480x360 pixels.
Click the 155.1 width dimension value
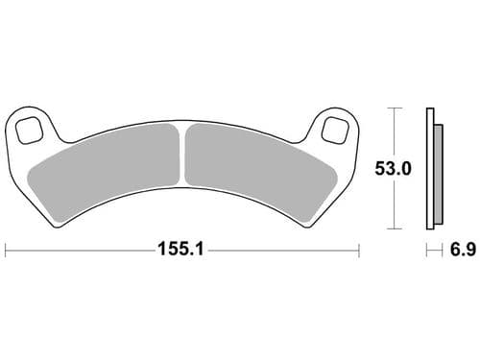(181, 252)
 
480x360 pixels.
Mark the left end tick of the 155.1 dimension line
(7, 252)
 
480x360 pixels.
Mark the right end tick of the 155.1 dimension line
(357, 252)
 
